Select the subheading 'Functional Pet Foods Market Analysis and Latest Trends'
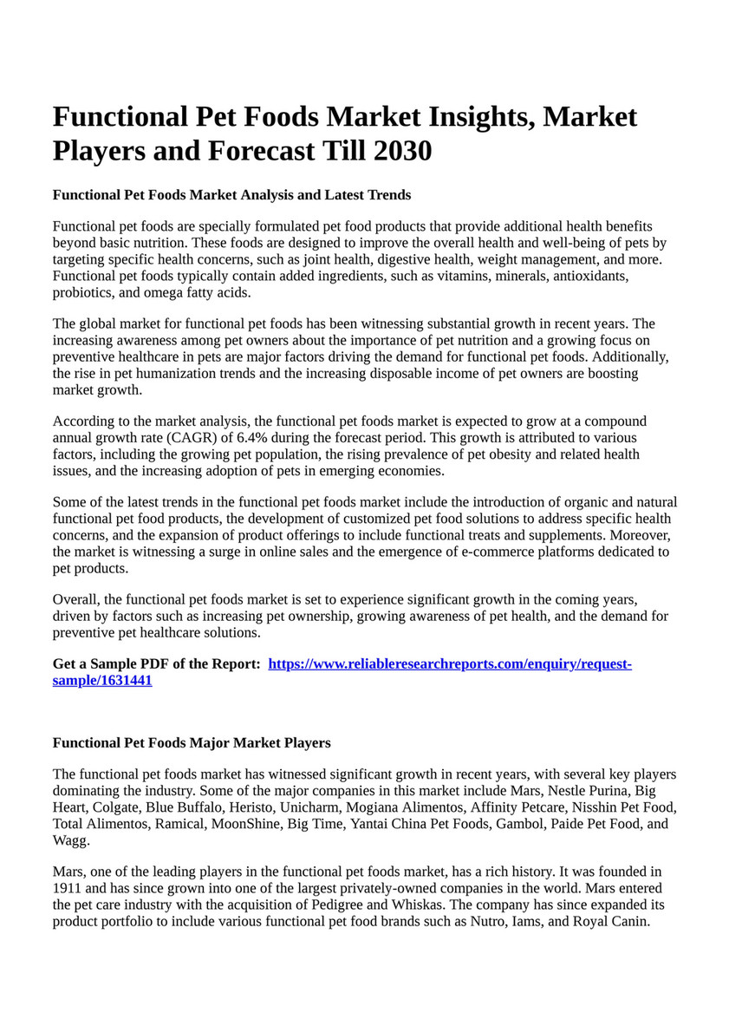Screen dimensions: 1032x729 [231, 194]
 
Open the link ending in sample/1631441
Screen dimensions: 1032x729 [102, 681]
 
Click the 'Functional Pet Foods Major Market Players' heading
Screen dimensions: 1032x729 [192, 743]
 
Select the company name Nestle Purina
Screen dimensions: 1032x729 [588, 791]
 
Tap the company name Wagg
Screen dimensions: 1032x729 [70, 840]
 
